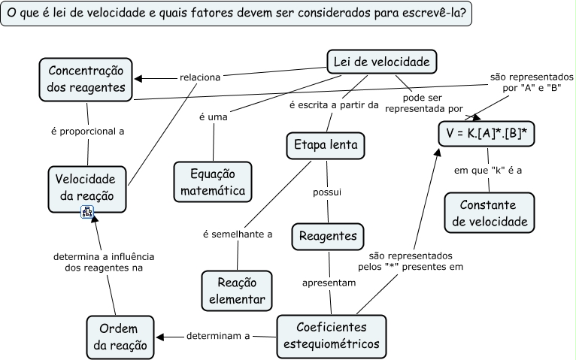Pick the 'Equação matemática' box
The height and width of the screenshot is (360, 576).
pos(213,182)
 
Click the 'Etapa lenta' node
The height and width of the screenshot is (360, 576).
pos(326,145)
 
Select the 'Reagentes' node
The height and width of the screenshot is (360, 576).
pos(328,235)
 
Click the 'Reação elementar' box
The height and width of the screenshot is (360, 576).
pos(237,291)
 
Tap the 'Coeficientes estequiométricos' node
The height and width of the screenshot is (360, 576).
pos(332,336)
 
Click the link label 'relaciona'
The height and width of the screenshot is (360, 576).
pos(200,77)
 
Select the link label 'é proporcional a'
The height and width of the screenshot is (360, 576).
pos(87,131)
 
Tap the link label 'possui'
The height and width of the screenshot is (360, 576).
pos(327,192)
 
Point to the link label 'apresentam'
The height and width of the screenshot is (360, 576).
pos(329,283)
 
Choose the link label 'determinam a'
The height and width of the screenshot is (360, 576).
pos(218,336)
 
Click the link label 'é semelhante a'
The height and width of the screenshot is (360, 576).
pos(238,234)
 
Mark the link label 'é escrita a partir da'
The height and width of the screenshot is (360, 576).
pos(333,104)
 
